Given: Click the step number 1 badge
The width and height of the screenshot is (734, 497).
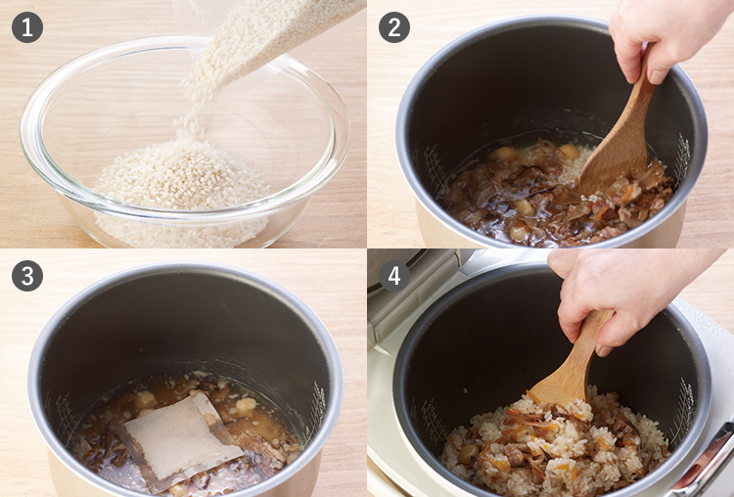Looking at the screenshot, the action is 27,27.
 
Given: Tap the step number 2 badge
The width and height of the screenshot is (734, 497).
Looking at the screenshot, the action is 394,27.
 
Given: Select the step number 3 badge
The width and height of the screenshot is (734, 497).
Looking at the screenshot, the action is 27,276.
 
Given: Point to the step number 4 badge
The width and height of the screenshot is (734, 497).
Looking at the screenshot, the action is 394,276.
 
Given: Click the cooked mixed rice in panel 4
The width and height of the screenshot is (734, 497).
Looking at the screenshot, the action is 552,444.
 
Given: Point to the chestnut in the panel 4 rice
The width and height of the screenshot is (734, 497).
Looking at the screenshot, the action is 468,453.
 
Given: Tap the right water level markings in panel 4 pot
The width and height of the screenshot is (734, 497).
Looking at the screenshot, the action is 681,408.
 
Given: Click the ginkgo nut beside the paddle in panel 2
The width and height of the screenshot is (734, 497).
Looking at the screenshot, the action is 570,151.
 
